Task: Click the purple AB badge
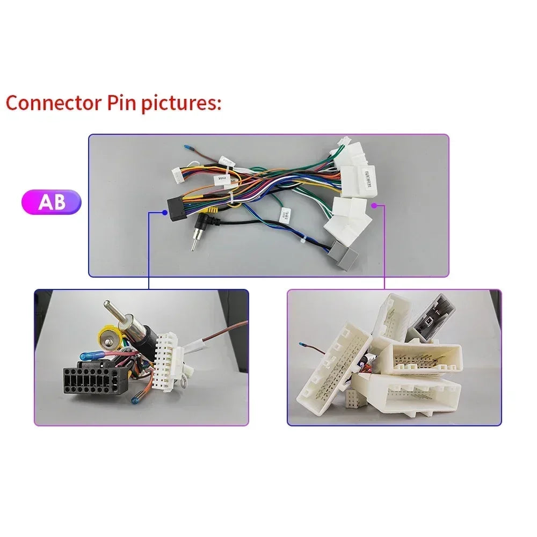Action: tap(52, 202)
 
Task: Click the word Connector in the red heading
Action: tap(50, 103)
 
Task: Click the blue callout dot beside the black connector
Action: tap(165, 213)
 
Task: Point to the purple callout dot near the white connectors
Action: tap(374, 205)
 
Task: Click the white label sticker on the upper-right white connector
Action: tap(372, 175)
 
